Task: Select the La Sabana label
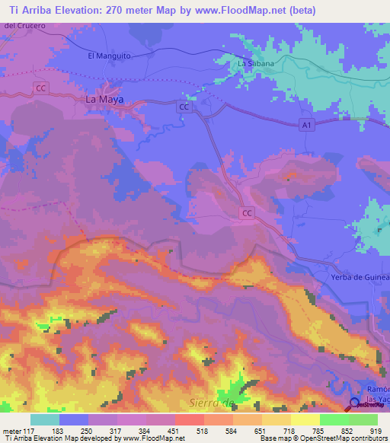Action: pyautogui.click(x=256, y=64)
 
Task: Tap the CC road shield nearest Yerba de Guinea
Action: pyautogui.click(x=247, y=214)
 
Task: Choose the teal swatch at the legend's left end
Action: pyautogui.click(x=45, y=419)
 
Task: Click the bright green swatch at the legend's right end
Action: pyautogui.click(x=363, y=419)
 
